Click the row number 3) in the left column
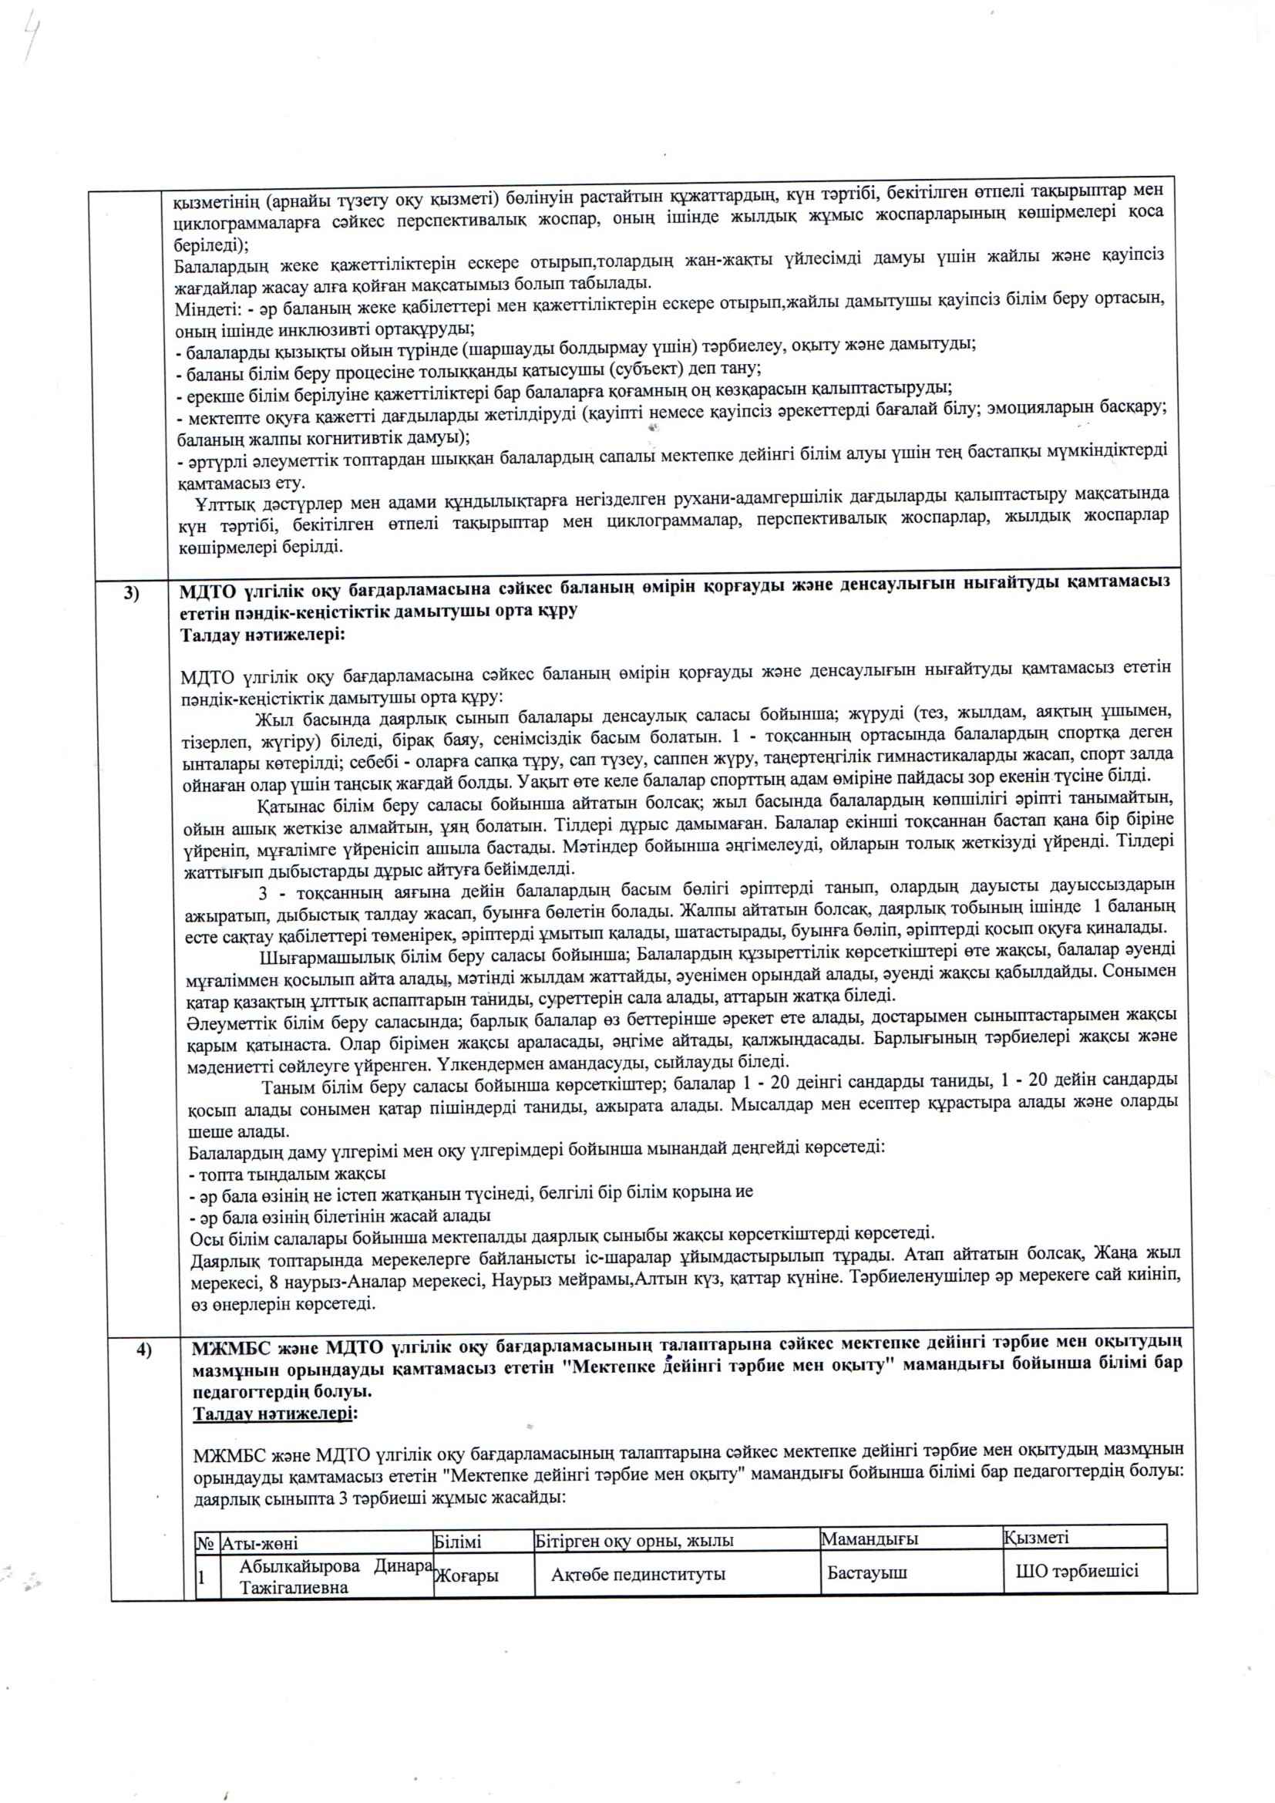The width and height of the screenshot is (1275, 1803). [131, 594]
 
